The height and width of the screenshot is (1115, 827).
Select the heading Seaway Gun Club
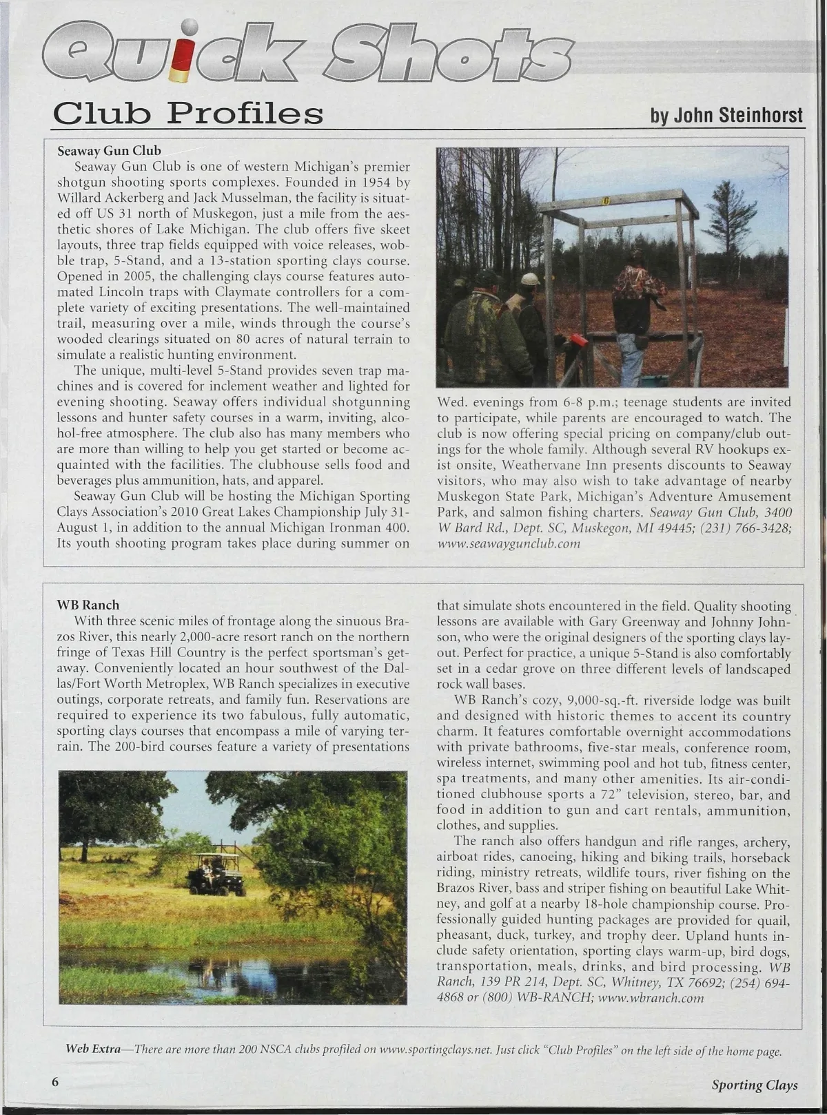pos(109,151)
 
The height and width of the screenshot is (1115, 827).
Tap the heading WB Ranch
pos(88,605)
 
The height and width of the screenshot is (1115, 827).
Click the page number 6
pos(56,1081)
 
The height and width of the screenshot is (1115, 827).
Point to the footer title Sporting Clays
pos(755,1085)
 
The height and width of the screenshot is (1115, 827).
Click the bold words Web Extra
pos(92,1050)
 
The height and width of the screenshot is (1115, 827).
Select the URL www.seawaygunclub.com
pos(509,543)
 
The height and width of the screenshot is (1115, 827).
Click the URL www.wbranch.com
pos(651,998)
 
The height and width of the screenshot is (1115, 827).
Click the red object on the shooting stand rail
pos(578,341)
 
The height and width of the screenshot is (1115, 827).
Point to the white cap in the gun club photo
pos(530,279)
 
